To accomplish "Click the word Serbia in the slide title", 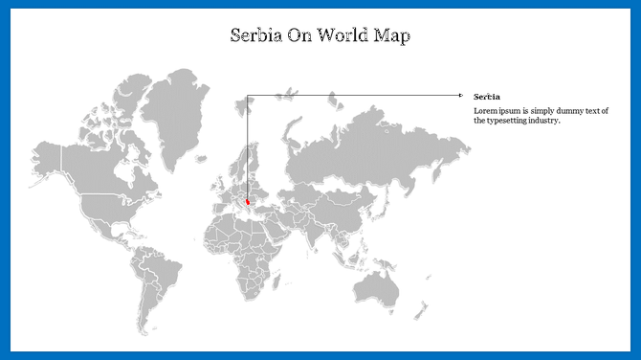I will point(257,36).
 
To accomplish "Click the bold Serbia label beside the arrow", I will point(486,96).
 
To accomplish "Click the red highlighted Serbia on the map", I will point(249,202).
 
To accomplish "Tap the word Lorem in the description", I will point(485,111).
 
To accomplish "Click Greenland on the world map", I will point(179,105).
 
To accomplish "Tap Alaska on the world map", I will point(48,156).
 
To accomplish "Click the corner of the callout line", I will point(247,95).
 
